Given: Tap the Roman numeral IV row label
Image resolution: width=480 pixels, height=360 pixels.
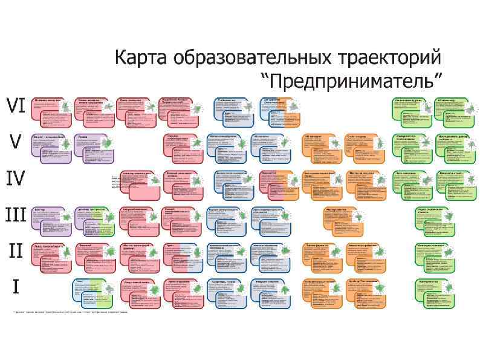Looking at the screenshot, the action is (16, 178).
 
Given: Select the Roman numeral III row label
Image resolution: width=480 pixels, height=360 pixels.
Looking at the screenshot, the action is (16, 215).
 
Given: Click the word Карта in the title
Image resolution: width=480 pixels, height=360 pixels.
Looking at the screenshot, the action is (141, 60).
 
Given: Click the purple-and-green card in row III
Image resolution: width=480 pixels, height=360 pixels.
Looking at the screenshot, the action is (95, 221).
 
